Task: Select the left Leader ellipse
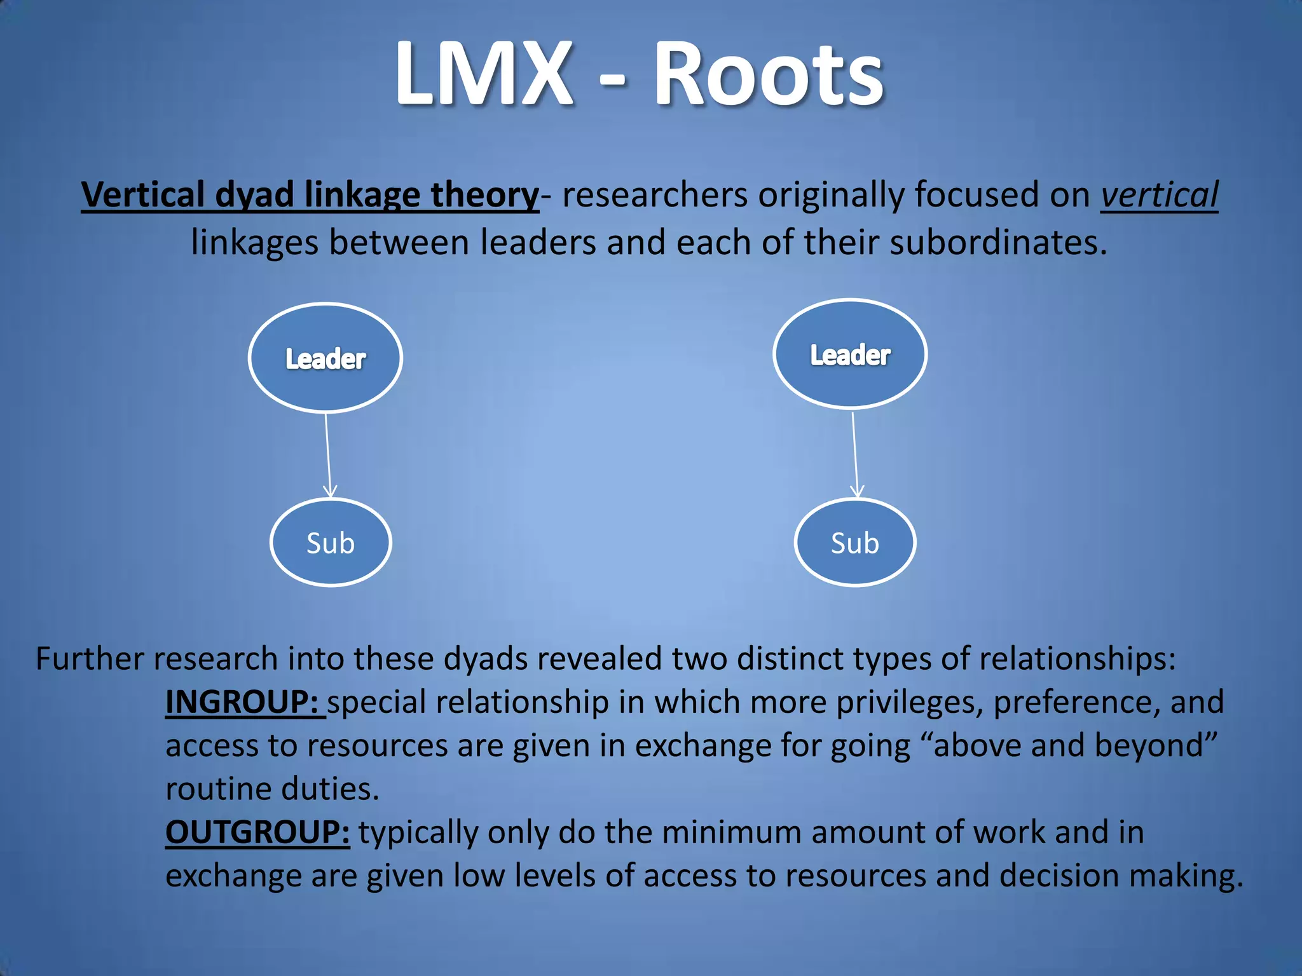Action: (325, 358)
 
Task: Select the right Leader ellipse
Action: (850, 354)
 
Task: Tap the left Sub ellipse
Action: (331, 543)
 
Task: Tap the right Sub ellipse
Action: (855, 543)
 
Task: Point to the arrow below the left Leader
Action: (328, 454)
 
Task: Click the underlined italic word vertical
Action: (1159, 195)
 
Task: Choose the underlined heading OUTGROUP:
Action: (257, 832)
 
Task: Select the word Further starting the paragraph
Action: (89, 658)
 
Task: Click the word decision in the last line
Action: (1059, 876)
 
